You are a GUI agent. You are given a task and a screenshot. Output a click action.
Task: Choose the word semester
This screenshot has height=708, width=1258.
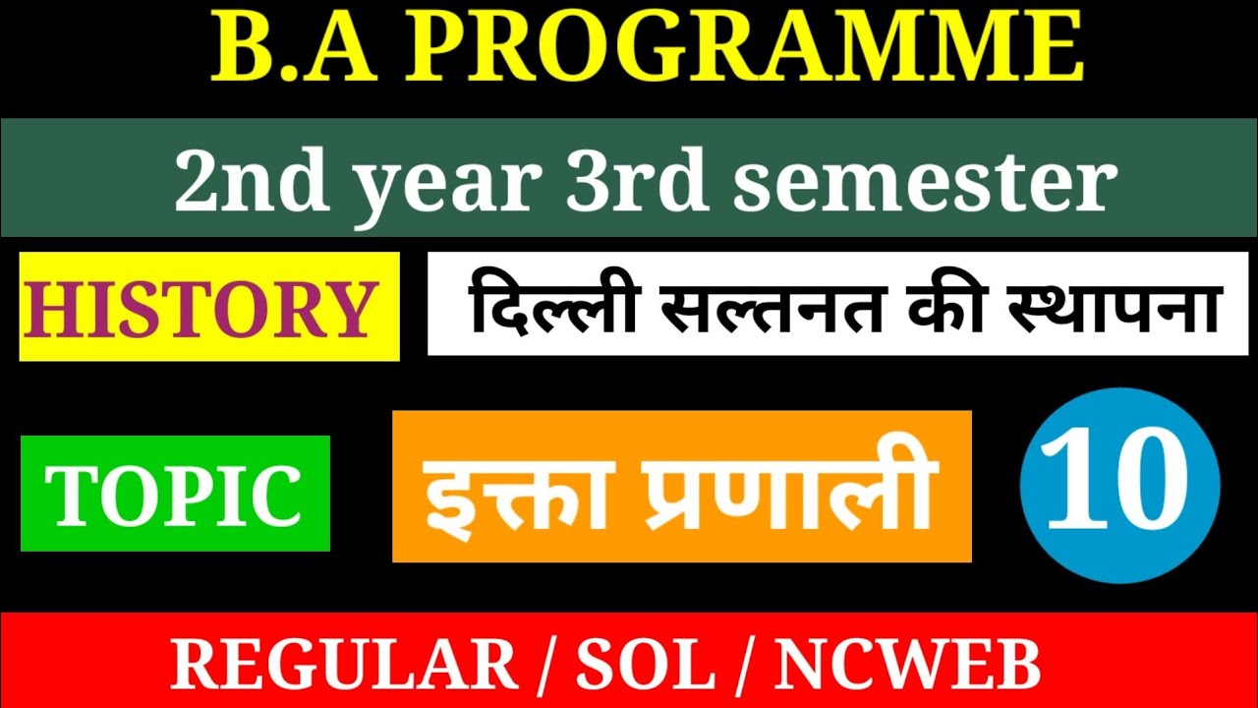[925, 181]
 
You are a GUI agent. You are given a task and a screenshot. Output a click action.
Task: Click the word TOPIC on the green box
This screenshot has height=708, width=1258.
[175, 494]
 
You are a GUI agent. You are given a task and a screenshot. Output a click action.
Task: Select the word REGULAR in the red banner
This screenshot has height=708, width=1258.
[344, 666]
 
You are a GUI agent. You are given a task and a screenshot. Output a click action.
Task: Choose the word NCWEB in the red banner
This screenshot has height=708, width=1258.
[907, 666]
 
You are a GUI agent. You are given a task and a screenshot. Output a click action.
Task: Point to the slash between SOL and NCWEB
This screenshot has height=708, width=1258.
[744, 666]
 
